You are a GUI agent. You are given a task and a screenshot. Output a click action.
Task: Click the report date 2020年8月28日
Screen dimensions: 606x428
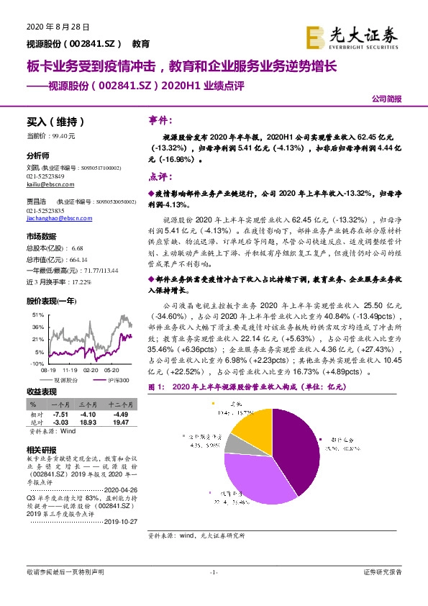point(57,27)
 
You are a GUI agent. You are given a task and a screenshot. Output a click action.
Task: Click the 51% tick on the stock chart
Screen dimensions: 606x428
point(38,315)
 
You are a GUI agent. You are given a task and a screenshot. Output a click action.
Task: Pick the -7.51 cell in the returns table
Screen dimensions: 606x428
point(58,415)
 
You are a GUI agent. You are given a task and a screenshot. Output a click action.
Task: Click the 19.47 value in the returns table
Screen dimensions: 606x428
point(119,422)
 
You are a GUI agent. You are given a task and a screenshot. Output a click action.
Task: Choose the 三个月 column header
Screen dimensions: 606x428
point(87,405)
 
